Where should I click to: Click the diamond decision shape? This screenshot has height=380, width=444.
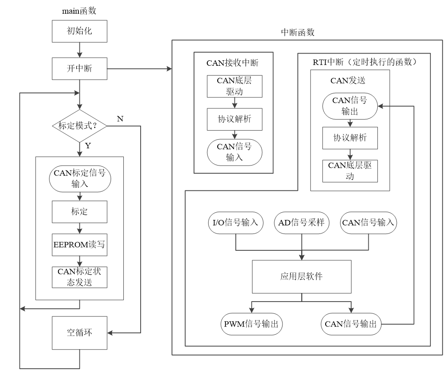tap(80, 126)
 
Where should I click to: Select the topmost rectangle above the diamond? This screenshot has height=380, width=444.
tap(79, 31)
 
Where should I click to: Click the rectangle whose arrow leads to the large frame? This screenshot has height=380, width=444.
tap(79, 68)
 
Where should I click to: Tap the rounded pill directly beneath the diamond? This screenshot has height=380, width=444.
tap(80, 179)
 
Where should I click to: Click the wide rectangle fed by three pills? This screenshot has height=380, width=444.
tap(302, 277)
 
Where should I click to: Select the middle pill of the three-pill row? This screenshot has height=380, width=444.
tap(302, 223)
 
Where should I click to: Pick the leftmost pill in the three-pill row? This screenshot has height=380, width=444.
tap(236, 223)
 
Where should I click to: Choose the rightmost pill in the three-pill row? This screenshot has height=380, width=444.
tap(368, 223)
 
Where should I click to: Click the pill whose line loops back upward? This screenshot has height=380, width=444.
tap(351, 324)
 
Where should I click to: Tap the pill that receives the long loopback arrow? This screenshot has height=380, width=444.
tap(350, 106)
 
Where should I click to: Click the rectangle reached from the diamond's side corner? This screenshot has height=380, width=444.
tap(79, 333)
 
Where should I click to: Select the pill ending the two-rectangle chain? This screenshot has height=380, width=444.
tap(234, 152)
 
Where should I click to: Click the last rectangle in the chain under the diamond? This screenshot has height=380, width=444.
tap(79, 277)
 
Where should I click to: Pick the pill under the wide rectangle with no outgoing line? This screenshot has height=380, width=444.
tap(252, 324)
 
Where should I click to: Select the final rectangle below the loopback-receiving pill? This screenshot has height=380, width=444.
tap(350, 171)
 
